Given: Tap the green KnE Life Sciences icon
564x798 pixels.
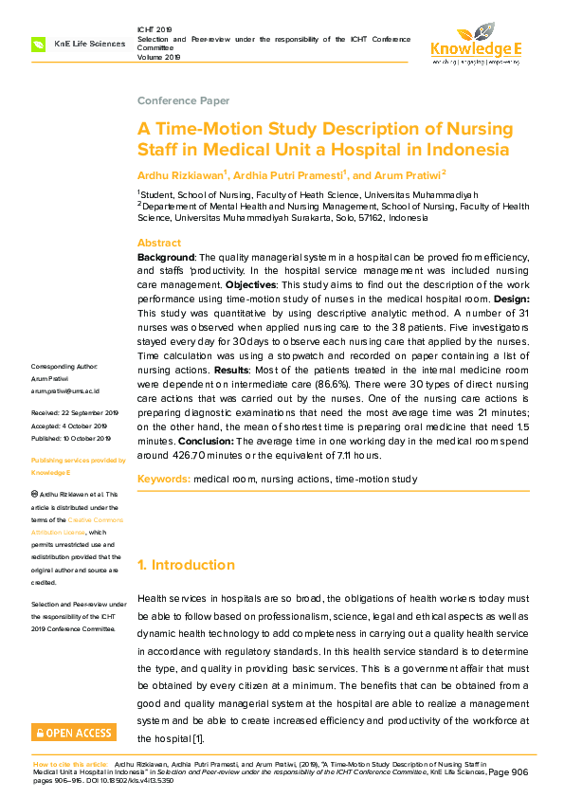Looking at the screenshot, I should [38, 44].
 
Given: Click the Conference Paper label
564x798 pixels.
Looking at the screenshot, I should [183, 100].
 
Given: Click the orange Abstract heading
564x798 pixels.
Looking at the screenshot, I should [158, 243].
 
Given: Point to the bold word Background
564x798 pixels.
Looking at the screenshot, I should [166, 258].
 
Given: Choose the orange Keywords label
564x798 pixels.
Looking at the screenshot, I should [163, 480].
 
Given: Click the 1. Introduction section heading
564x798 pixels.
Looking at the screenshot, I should [186, 565].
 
